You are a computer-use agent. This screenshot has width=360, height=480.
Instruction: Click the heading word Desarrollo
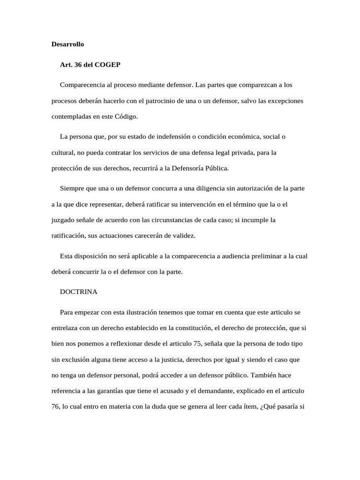(67, 44)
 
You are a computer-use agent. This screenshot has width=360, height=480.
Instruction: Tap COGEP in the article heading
(107, 65)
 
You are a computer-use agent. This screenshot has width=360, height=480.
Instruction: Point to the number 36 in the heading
(78, 65)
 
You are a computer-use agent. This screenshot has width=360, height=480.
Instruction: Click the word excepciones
(285, 101)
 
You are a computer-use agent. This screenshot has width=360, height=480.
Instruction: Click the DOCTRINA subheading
(79, 292)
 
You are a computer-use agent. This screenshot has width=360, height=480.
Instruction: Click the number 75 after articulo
(197, 344)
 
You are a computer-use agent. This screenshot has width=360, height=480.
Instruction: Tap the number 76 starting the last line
(55, 407)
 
